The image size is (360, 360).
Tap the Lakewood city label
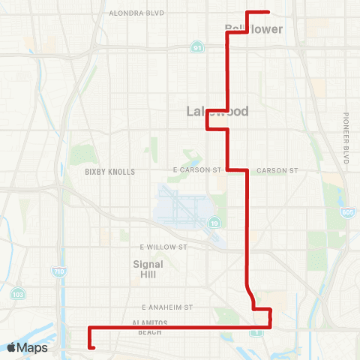pos(217,112)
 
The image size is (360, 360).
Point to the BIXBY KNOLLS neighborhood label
pos(110,172)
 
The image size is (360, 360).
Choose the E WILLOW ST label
pos(163,246)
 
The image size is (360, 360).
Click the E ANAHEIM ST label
pos(167,307)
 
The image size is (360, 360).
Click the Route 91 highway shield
pos(196,46)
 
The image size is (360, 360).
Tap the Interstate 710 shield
pos(58,271)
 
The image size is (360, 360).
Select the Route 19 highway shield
pos(214,223)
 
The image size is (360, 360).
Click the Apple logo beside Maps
pos(13,347)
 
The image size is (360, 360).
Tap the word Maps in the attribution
pos(33,347)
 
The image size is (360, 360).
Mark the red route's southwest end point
pos(92,347)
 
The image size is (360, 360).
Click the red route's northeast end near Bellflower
pos(268,12)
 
